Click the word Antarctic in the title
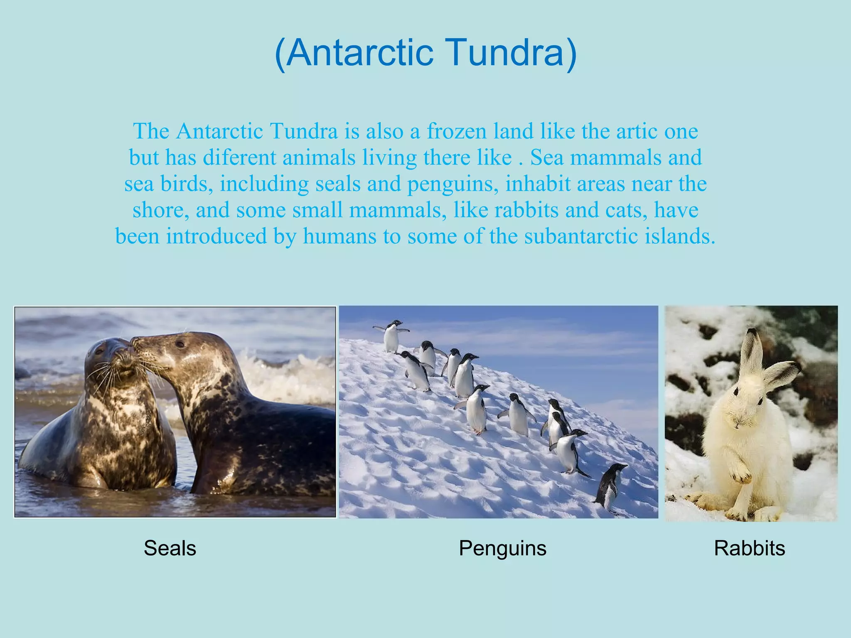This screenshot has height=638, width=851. click(x=360, y=53)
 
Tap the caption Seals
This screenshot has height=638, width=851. click(x=170, y=548)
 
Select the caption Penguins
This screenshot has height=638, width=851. click(x=502, y=548)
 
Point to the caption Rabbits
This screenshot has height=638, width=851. click(x=749, y=548)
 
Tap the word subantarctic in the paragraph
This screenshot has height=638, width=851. click(x=581, y=236)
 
